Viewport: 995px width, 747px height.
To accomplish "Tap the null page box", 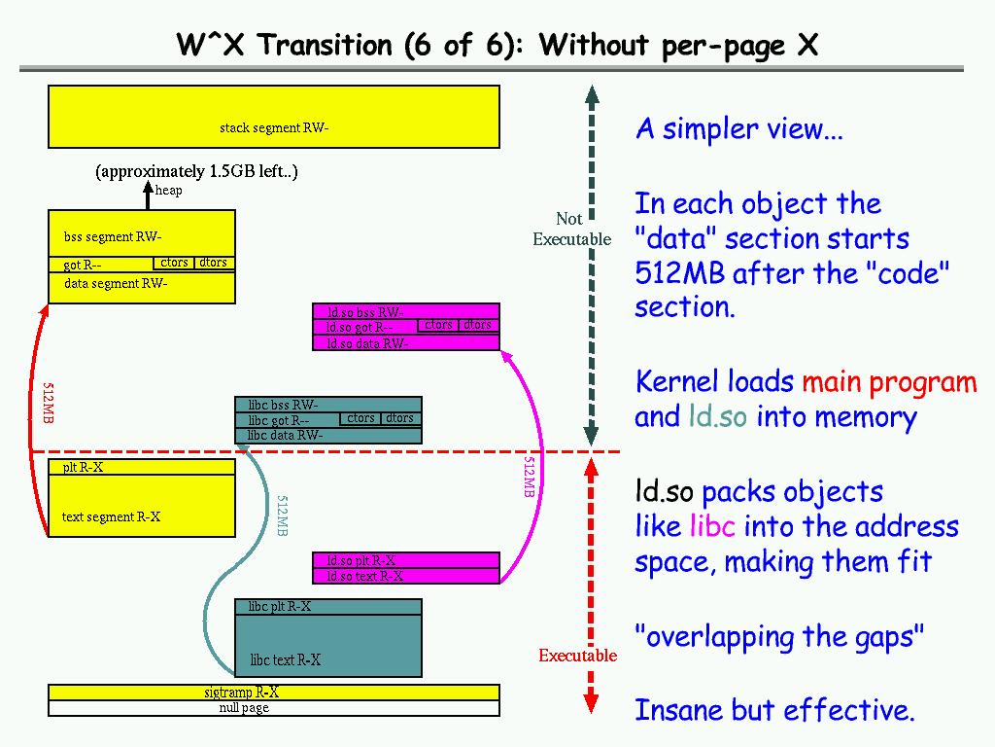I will (x=274, y=708).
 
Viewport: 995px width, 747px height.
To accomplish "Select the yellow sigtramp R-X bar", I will (x=274, y=693).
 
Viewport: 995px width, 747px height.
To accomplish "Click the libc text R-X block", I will (x=328, y=646).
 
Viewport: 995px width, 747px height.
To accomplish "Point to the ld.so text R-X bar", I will (x=406, y=576).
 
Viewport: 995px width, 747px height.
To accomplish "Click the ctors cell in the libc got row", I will (x=360, y=418).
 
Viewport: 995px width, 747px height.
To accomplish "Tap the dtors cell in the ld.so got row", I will (x=477, y=325).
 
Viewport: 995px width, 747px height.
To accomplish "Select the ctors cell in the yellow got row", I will (x=174, y=263).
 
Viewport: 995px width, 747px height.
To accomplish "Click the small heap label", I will (x=168, y=191).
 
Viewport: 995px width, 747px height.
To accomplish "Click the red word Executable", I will (x=577, y=656).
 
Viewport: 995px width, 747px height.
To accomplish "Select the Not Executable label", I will (x=571, y=229).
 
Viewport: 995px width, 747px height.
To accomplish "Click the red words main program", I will (x=889, y=382).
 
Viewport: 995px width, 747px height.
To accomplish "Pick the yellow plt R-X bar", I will (x=142, y=467).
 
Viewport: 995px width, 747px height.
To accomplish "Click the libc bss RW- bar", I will (x=328, y=405).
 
